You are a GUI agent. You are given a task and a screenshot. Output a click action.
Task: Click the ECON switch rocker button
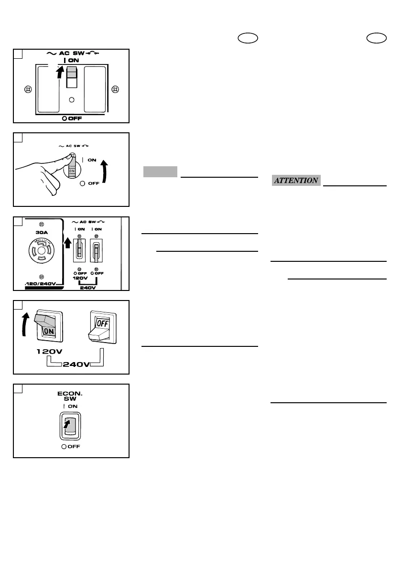(x=71, y=424)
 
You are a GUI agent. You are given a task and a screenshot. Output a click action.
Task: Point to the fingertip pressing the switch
(x=71, y=155)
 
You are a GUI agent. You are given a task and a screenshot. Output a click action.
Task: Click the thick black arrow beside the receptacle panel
(x=67, y=243)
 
